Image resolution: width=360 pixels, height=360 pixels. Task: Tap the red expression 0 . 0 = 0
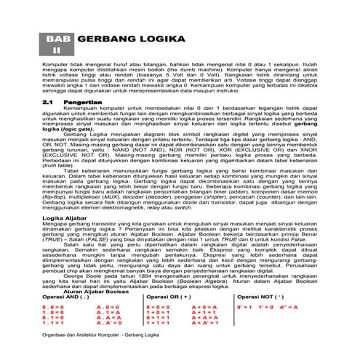click(x=54, y=308)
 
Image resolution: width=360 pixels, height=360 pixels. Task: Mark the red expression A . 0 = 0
click(x=106, y=308)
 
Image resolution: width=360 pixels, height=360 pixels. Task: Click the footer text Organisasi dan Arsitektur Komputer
click(x=79, y=347)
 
